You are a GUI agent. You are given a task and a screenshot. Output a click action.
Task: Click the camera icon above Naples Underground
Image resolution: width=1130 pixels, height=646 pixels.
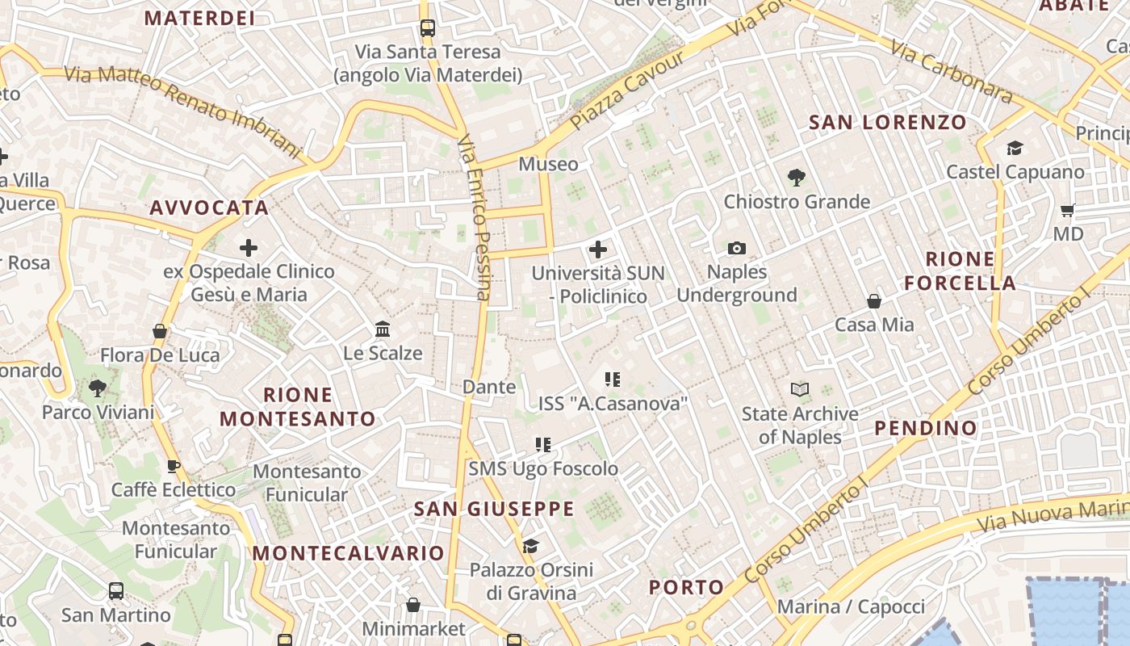[736, 249]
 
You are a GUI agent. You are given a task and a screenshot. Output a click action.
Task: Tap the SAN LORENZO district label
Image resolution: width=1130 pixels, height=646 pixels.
[887, 123]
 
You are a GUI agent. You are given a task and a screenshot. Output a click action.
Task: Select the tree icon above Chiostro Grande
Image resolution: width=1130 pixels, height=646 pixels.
[797, 178]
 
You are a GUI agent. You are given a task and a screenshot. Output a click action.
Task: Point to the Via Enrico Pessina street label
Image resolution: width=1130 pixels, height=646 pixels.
[474, 218]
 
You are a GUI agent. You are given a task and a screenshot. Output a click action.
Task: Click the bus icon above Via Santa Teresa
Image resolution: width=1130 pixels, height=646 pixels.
[427, 28]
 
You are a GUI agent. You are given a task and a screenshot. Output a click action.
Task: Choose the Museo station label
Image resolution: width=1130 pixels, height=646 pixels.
[548, 164]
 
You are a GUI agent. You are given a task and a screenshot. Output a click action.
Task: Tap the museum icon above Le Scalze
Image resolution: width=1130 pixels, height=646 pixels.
[383, 329]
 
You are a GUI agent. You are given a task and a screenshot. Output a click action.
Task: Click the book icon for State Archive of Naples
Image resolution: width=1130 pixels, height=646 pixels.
[800, 390]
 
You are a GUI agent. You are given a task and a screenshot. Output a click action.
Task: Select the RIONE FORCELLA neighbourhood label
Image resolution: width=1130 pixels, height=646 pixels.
[960, 271]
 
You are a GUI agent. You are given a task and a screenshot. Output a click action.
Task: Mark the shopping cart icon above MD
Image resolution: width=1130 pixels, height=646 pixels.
[1067, 211]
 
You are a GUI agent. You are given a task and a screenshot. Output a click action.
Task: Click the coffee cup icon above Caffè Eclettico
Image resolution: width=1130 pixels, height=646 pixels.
[173, 466]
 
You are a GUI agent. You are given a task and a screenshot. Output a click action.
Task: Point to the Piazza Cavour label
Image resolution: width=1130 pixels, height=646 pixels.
[627, 90]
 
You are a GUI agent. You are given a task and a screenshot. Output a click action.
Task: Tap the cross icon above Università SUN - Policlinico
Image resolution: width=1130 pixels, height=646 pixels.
[598, 250]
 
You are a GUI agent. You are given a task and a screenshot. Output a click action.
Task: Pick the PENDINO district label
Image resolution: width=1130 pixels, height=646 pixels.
[926, 428]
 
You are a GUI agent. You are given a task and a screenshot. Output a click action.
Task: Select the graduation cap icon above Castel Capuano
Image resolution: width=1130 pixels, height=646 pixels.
[1015, 149]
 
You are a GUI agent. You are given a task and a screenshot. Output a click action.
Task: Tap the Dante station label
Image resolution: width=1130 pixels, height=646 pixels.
[489, 387]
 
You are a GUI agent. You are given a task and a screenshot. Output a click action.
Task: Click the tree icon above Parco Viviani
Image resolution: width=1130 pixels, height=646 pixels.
[98, 388]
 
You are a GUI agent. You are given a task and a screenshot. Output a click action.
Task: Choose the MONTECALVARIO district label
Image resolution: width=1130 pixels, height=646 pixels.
[349, 553]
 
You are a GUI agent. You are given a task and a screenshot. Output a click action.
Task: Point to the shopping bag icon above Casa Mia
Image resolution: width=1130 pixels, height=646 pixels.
[873, 301]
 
